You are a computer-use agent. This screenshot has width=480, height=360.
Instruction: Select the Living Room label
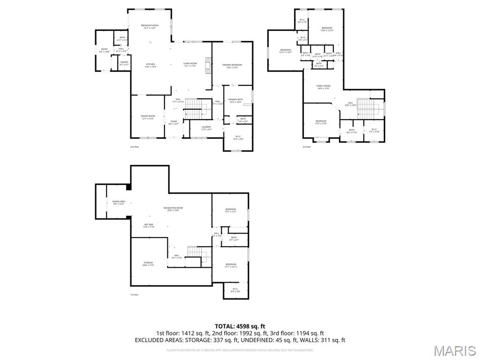190,64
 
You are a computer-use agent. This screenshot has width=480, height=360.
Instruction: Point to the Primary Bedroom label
232,66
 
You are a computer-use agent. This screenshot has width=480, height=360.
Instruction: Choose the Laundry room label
206,127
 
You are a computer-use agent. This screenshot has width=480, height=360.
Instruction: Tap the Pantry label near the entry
124,63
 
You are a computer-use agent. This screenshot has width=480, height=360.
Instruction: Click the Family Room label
323,87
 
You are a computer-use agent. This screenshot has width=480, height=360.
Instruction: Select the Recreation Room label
173,209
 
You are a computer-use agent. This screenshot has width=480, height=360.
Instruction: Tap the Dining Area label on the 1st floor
119,202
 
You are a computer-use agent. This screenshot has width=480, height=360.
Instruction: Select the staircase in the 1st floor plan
197,254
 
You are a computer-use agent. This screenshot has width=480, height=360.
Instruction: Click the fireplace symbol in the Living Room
210,65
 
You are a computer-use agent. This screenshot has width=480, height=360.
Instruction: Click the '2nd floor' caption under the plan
135,147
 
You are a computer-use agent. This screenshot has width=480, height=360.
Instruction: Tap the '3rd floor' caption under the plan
307,147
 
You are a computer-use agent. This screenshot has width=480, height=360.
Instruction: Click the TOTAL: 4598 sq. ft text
240,326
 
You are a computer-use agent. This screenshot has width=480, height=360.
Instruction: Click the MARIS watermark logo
454,351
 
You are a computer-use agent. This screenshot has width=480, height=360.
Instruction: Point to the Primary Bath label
235,101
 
